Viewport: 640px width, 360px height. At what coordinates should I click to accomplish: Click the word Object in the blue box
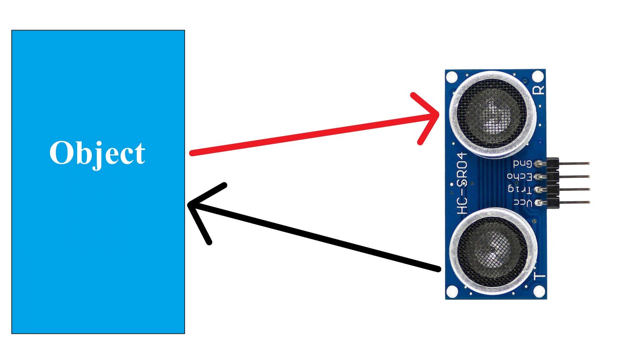(x=97, y=153)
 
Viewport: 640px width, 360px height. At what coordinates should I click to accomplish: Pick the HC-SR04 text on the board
(x=462, y=184)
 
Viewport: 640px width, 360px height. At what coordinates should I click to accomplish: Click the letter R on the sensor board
(x=539, y=89)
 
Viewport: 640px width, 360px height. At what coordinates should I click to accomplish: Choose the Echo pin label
(x=519, y=177)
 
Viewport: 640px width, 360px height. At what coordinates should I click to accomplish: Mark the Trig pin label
(x=520, y=190)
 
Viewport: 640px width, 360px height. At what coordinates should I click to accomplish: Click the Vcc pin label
(x=522, y=203)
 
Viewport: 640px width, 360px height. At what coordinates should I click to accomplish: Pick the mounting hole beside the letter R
(x=538, y=77)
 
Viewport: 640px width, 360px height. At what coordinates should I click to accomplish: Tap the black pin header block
(x=552, y=183)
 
